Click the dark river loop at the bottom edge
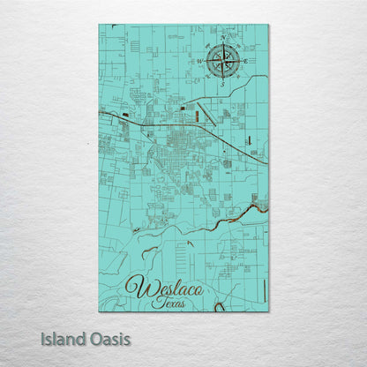tap(219, 307)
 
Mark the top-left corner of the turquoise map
tap(99, 26)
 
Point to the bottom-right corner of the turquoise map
tap(268, 311)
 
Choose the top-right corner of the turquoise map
tap(268, 26)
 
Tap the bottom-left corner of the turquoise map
tap(99, 311)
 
